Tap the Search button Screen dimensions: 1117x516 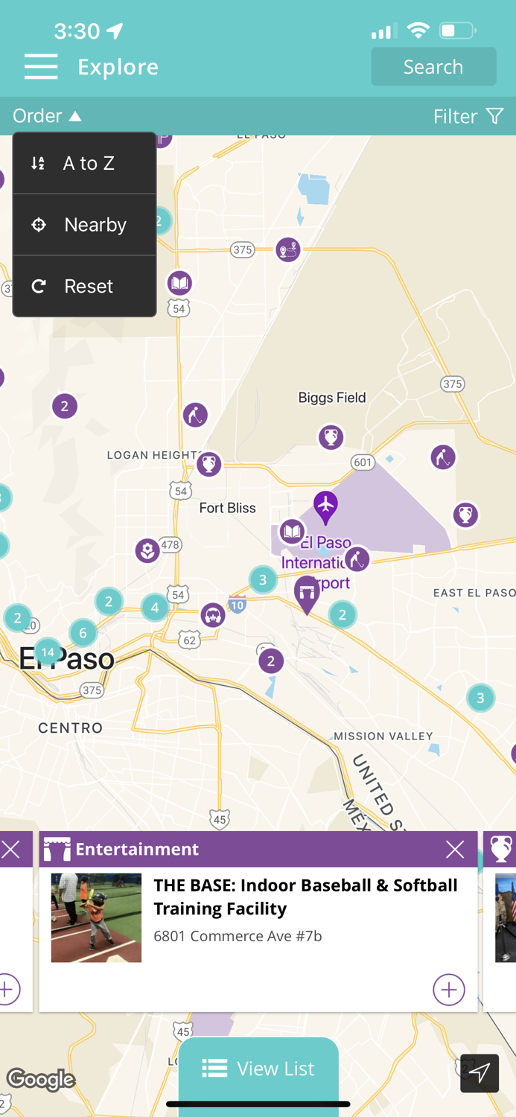[433, 67]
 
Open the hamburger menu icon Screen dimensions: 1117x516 [41, 67]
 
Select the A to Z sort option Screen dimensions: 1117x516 [84, 163]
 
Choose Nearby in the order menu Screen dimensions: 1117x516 [84, 224]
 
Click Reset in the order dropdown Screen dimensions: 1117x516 [84, 286]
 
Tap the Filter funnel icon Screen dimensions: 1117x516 [494, 116]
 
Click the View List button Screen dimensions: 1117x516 [258, 1069]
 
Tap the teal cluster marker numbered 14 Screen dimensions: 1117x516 [48, 652]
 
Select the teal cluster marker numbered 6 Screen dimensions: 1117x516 [83, 633]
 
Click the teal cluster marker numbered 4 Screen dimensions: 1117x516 [155, 607]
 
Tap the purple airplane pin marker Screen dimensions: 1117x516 [325, 506]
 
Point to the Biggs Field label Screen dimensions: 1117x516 [332, 398]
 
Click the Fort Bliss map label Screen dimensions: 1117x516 [227, 508]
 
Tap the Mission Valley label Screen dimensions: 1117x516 [383, 736]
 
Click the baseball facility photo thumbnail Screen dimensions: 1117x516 [96, 917]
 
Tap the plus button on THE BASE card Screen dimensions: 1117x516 [448, 989]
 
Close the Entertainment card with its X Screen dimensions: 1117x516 [455, 849]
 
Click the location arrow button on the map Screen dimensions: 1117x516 [480, 1073]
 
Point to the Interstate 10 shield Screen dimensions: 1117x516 [238, 605]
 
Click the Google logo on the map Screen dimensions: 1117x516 [41, 1079]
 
